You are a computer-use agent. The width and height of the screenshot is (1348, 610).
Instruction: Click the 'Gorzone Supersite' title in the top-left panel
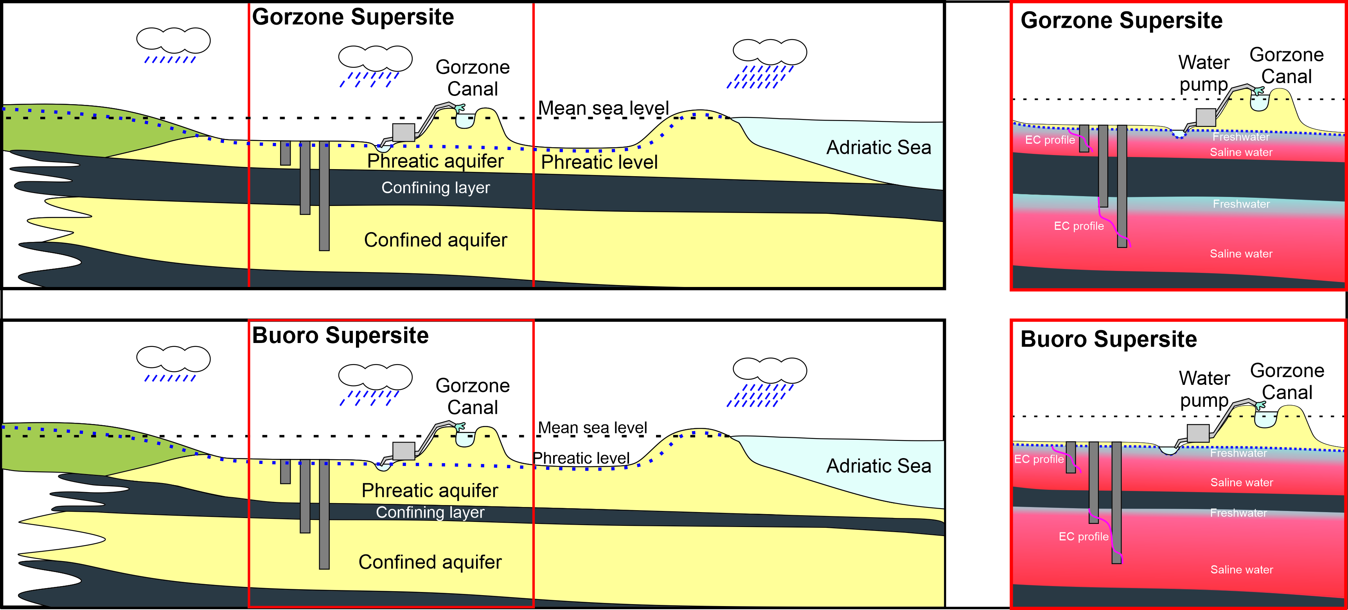pos(353,17)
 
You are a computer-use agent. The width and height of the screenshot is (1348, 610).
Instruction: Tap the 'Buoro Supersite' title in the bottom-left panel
pos(340,336)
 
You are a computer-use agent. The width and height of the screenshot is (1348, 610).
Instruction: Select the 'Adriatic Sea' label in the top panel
pos(878,148)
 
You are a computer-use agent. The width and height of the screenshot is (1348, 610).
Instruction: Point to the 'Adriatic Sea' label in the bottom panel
pos(878,466)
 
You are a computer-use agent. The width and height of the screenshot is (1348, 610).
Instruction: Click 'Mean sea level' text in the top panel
pos(603,108)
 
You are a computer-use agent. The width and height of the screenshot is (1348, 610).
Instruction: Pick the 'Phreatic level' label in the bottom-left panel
pos(581,458)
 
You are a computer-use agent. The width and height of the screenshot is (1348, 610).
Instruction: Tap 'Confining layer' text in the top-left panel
pos(435,188)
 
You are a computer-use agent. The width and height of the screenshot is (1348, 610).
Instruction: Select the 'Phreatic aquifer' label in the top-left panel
pos(435,161)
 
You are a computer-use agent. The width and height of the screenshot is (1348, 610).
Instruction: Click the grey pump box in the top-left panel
pos(403,132)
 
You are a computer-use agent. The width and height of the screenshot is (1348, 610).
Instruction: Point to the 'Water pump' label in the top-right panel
pos(1204,73)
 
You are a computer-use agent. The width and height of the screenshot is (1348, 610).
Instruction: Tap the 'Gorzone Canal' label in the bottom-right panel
pos(1287,382)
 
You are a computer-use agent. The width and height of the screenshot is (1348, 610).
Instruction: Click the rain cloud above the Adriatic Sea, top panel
pos(769,52)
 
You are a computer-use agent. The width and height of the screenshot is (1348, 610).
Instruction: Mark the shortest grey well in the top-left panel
pos(285,153)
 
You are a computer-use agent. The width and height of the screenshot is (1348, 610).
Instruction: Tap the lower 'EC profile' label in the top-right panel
pos(1078,226)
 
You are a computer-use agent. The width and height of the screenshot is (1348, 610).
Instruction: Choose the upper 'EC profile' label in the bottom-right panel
pos(1039,459)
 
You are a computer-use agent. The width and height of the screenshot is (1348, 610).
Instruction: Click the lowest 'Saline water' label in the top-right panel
pos(1241,254)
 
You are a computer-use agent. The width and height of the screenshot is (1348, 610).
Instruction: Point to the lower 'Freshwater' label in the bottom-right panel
pos(1238,513)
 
